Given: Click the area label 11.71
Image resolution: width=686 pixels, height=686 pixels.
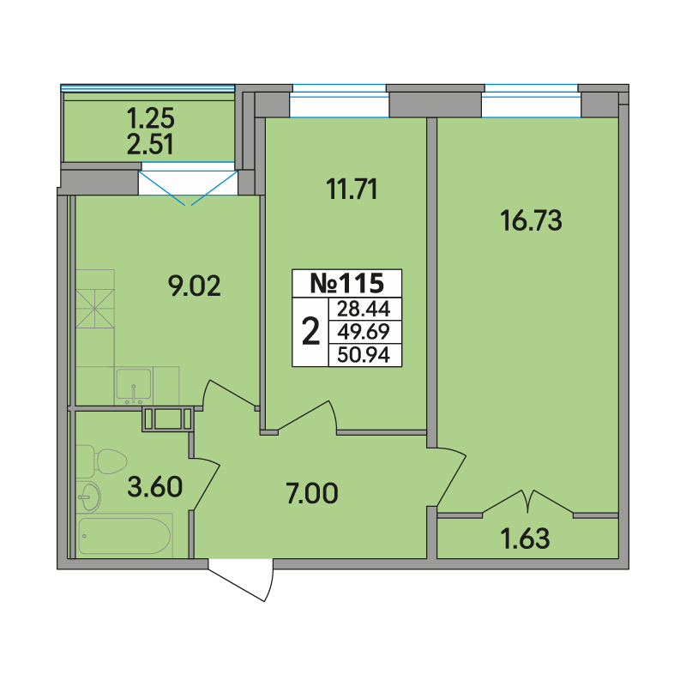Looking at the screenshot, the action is tap(352, 190).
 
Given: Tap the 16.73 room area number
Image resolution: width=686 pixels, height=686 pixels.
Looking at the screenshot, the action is tap(531, 220).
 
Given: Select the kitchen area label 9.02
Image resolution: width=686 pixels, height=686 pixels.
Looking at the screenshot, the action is tap(195, 286).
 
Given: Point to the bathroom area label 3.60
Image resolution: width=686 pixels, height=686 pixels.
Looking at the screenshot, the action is tap(155, 487).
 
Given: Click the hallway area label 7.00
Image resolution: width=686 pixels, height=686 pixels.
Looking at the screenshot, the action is tap(312, 493).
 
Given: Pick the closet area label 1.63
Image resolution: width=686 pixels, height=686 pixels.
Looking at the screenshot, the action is tap(525, 539).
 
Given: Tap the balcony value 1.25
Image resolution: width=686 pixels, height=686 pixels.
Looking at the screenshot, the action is tap(150, 118).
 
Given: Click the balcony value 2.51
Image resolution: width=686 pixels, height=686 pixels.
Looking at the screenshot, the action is tap(150, 144).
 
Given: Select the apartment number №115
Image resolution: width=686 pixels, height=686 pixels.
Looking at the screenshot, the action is tap(347, 284).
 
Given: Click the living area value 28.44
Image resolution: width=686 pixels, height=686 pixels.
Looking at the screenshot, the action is tap(364, 309).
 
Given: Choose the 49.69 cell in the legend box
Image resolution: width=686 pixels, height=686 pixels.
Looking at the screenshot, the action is tap(364, 332).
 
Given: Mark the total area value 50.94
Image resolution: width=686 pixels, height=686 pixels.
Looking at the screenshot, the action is tap(364, 355).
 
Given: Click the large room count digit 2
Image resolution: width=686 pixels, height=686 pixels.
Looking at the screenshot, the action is tap(310, 332).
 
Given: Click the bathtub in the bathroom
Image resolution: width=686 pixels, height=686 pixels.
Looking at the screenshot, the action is tap(123, 536).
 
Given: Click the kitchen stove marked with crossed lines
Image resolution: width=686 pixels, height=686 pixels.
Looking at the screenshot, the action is tap(95, 309).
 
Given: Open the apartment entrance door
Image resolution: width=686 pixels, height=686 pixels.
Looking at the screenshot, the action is tap(241, 581).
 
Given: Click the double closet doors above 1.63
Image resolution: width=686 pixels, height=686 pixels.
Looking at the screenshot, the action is tap(528, 502).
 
